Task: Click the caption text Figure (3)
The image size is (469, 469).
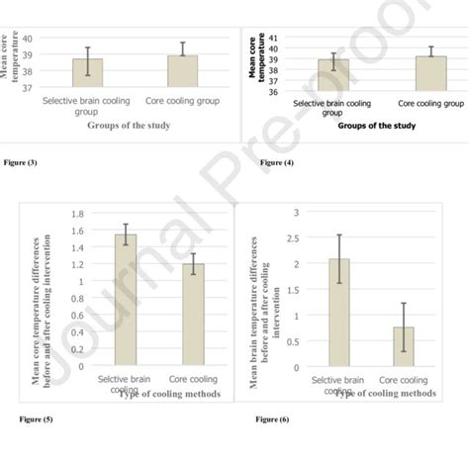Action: (x=21, y=161)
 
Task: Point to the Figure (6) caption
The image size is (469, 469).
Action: (x=273, y=420)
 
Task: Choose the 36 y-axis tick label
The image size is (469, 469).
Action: (x=272, y=91)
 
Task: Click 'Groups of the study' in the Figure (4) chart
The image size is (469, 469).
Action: (x=376, y=126)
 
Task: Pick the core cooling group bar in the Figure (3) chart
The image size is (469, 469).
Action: (x=182, y=71)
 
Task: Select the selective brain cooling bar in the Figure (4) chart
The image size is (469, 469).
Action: (x=332, y=75)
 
